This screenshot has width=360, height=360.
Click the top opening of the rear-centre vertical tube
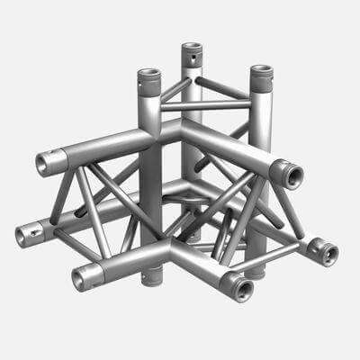click(190, 47)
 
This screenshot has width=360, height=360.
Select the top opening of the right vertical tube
click(260, 71)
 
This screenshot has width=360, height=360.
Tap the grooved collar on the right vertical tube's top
click(260, 85)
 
